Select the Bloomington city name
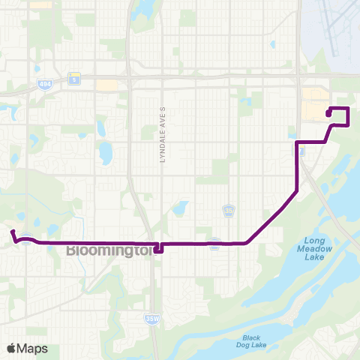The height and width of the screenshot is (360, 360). pyautogui.click(x=109, y=250)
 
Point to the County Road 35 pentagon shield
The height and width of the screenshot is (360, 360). pyautogui.click(x=228, y=211)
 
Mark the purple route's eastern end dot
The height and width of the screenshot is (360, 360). pyautogui.click(x=328, y=113)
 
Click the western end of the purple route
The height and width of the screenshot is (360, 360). pyautogui.click(x=12, y=232)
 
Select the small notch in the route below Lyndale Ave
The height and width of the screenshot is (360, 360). pyautogui.click(x=158, y=248)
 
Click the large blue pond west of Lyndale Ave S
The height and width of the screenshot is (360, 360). pyautogui.click(x=104, y=153)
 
